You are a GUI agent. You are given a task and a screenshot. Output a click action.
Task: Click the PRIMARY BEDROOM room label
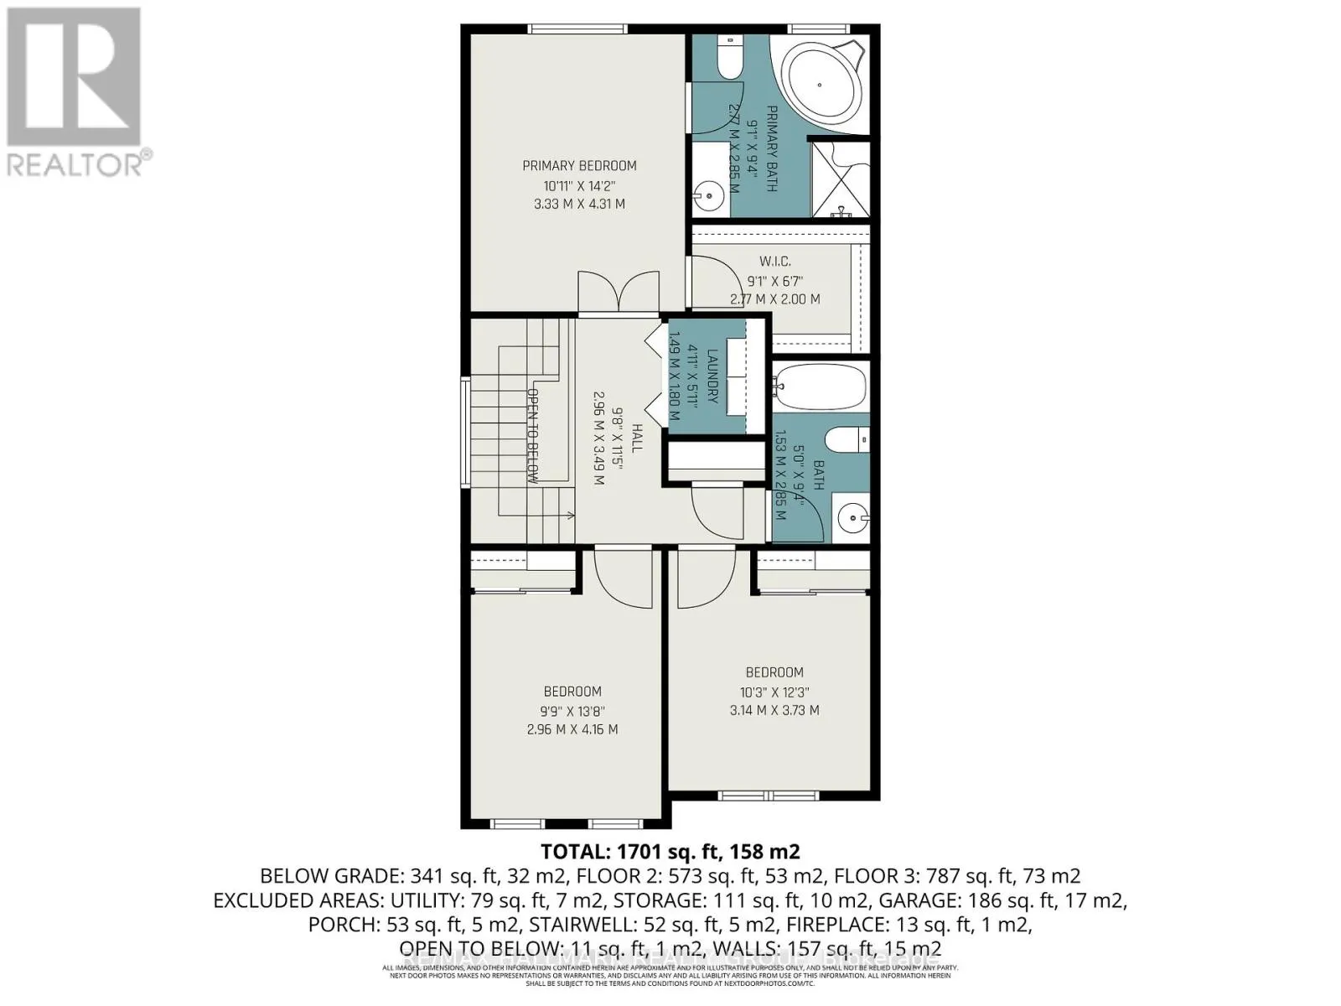579,165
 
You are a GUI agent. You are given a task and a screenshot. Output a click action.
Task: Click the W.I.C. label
774,262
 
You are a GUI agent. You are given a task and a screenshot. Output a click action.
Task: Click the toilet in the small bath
847,439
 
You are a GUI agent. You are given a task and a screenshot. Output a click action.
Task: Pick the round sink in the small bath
851,518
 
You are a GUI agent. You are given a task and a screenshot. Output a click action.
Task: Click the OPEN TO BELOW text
532,436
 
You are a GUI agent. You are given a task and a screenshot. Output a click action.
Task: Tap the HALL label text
637,438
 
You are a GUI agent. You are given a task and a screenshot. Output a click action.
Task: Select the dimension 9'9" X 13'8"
572,711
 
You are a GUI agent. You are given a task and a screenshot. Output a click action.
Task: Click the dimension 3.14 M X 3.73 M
774,710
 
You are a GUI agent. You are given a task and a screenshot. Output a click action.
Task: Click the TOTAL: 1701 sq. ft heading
670,852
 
